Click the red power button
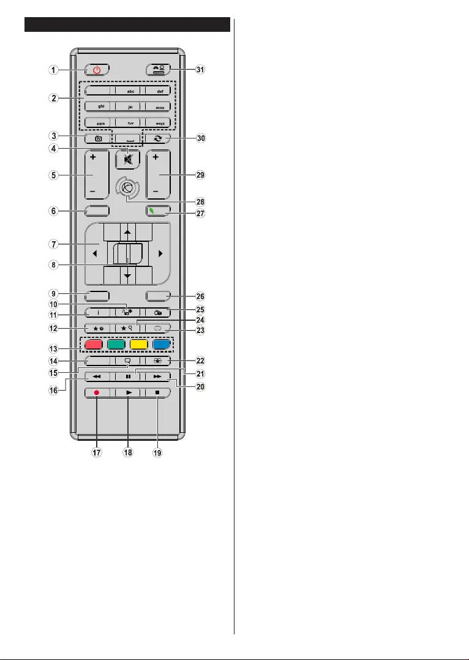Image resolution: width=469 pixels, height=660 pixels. pos(97,70)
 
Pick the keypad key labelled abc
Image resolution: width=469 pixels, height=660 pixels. pos(128,89)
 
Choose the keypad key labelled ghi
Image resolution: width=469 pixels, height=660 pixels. pos(97,105)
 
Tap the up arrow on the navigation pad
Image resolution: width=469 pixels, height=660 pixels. pos(128,233)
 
